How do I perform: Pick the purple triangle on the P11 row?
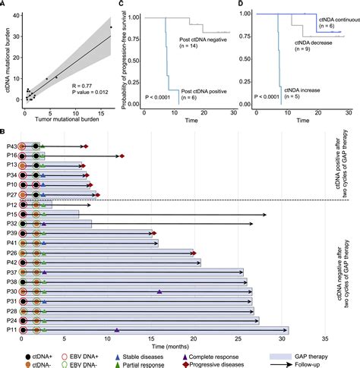tap(117, 309)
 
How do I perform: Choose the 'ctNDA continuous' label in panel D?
tap(332, 14)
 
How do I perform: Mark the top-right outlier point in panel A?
tap(111, 27)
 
